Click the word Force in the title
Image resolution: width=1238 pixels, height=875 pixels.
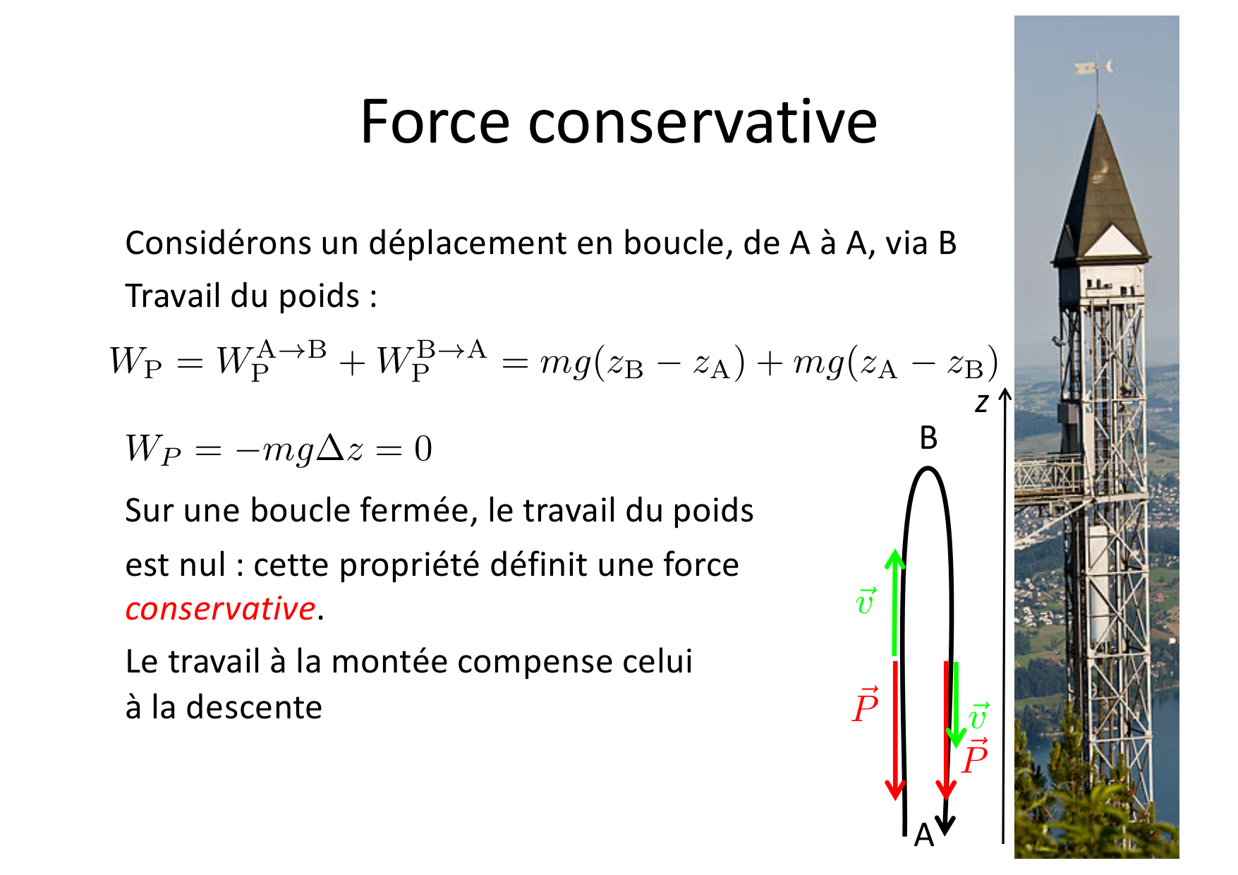(x=434, y=122)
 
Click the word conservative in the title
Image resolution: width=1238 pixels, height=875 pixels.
(x=703, y=122)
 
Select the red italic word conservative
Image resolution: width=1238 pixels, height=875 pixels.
(x=220, y=608)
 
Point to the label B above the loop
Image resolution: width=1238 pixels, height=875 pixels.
(x=928, y=438)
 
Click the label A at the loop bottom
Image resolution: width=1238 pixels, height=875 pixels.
(x=923, y=835)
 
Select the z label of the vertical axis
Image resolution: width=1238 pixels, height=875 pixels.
(x=981, y=403)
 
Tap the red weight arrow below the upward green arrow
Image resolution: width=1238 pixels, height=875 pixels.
(x=895, y=730)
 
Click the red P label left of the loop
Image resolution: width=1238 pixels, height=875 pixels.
(x=865, y=705)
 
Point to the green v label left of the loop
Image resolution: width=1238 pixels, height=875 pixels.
(x=866, y=601)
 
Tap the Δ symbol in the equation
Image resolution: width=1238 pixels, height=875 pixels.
(x=330, y=449)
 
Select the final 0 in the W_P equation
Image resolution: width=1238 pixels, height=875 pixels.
(x=423, y=449)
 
